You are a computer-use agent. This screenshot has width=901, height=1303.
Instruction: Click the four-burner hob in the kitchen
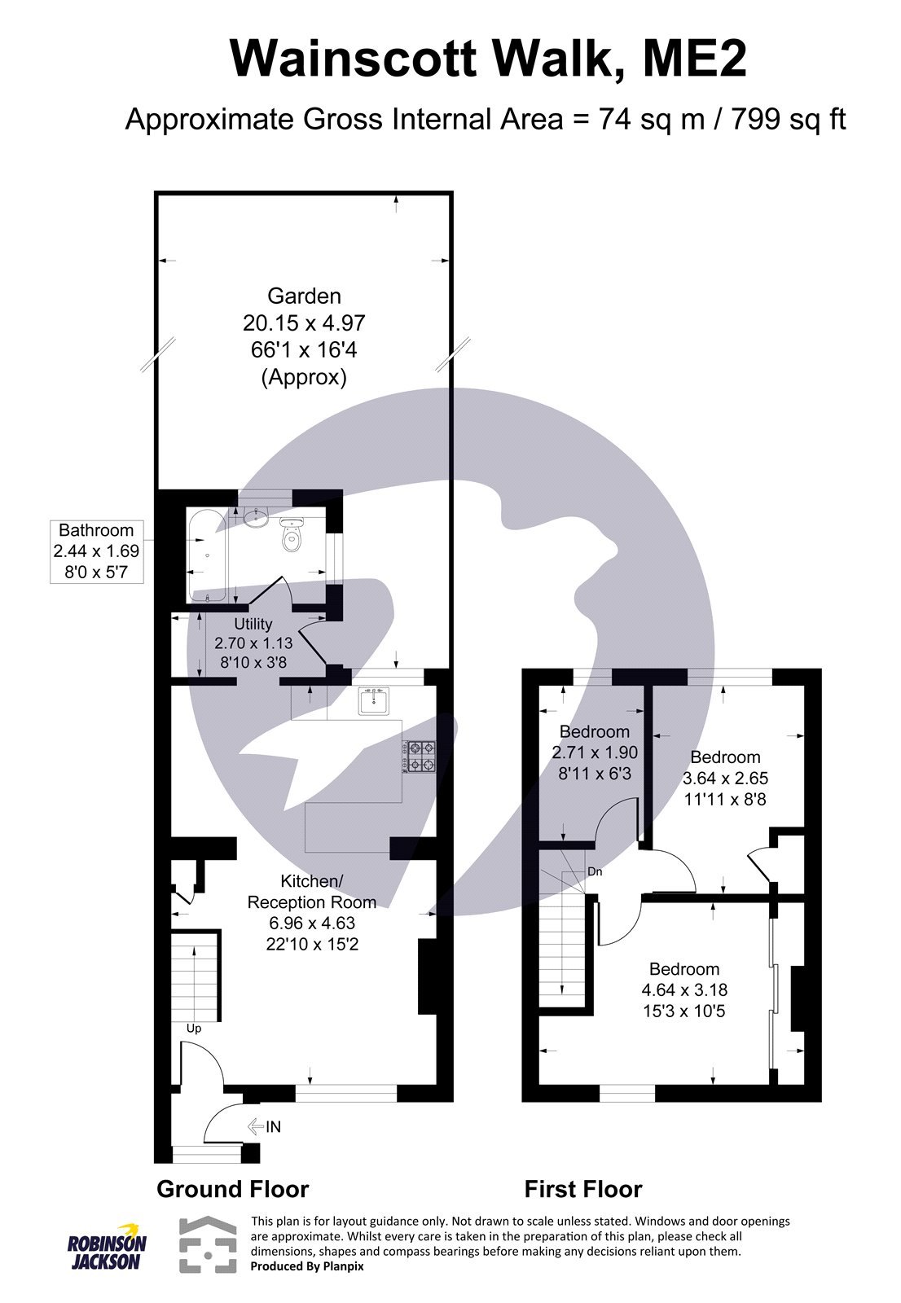pos(420,755)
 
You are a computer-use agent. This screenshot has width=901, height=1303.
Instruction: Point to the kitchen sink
pos(374,700)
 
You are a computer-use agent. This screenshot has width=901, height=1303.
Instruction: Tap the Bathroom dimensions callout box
pos(96,551)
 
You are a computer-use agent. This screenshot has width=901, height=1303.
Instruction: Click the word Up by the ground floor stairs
pos(194,1029)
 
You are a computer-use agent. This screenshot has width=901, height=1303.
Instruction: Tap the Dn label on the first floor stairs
pos(595,871)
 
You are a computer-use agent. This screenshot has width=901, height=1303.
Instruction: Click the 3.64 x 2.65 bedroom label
pos(725,778)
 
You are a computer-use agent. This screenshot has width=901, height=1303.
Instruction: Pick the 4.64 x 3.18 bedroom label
pos(684,989)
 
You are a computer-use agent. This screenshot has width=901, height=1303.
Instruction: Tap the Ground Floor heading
pos(232,1189)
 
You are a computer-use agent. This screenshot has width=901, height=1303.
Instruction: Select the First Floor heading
pos(583,1189)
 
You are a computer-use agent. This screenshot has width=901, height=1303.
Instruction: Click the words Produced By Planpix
pos(307,1266)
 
